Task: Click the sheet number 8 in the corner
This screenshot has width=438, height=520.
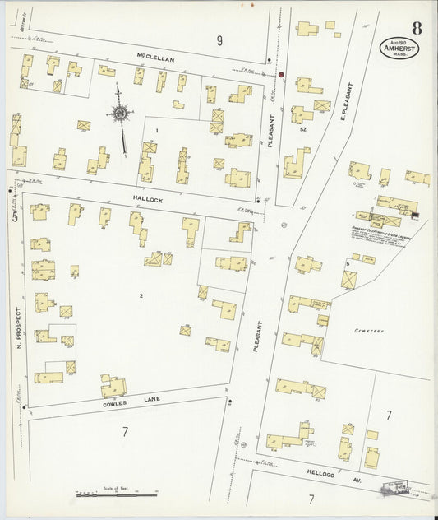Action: coord(417,26)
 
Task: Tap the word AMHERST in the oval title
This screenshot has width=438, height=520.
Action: coord(398,49)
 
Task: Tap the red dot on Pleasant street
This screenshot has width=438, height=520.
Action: coord(281,75)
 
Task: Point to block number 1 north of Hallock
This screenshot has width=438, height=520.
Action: coord(156,130)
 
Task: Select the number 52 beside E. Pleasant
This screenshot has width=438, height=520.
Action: coord(303,129)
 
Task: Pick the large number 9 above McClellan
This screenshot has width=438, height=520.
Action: coord(219,40)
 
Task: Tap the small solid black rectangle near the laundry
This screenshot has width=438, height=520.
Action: coord(415,216)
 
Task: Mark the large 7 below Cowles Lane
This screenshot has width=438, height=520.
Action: coord(126,431)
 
